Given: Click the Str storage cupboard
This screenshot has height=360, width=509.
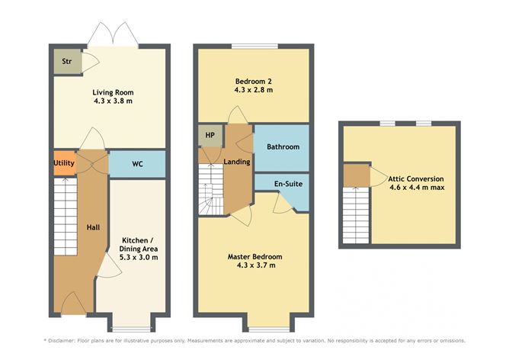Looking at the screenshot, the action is tap(67, 61).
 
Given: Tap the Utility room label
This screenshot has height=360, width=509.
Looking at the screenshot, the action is tap(64, 163).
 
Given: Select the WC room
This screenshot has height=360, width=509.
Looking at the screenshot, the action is tap(137, 164).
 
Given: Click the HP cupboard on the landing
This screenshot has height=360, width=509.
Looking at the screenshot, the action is tap(210, 135).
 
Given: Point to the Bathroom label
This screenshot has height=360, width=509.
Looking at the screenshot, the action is tap(283, 147).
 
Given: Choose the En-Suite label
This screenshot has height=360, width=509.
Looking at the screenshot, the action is tap(288, 184).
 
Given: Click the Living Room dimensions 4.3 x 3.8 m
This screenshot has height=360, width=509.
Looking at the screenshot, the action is tap(113, 101).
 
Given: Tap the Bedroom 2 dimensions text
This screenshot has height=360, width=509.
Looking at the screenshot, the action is tap(254, 90).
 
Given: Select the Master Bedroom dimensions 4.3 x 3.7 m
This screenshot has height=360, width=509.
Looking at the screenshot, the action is tap(256, 265).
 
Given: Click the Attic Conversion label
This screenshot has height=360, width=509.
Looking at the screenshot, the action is tap(416, 179).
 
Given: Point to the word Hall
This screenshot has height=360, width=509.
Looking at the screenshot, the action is tap(93, 227).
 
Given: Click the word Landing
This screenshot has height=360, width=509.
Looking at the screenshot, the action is tap(237, 162).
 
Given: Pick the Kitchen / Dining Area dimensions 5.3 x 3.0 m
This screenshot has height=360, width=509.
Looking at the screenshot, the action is tap(139, 258).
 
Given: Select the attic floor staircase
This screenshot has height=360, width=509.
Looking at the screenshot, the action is tap(356, 215).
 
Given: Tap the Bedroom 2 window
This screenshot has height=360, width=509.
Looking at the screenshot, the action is tap(254, 46).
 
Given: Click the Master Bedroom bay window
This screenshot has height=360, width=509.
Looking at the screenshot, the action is tap(269, 329).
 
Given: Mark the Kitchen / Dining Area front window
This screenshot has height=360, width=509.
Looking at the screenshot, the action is tap(131, 329).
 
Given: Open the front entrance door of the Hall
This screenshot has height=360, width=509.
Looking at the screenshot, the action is tap(73, 304).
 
